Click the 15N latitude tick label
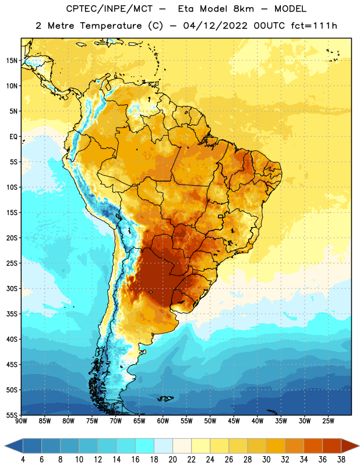click(12, 61)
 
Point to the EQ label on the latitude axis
click(13, 137)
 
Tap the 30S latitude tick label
click(12, 288)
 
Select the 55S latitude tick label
click(12, 415)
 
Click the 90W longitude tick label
click(21, 421)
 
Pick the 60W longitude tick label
click(163, 421)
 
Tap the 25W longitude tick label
click(328, 421)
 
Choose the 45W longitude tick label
click(234, 421)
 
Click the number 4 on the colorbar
click(23, 460)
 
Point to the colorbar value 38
click(341, 460)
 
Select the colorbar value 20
click(172, 460)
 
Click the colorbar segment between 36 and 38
click(332, 447)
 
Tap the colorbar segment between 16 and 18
click(144, 447)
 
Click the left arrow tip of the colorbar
click(5, 447)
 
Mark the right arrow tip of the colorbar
click(359, 447)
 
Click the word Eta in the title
click(186, 9)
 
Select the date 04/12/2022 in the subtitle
click(215, 26)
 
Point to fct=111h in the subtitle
click(314, 26)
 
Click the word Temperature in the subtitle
click(111, 26)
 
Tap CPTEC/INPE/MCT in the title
click(110, 9)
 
